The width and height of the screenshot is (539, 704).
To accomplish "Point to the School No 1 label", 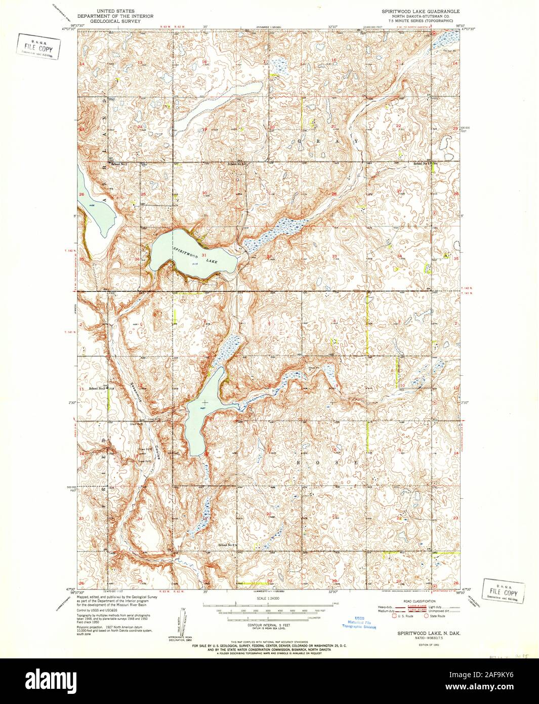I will (x=120, y=164).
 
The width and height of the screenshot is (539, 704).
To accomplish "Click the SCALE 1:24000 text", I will (x=268, y=598).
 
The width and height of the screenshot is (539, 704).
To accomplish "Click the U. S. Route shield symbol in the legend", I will (x=394, y=616).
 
